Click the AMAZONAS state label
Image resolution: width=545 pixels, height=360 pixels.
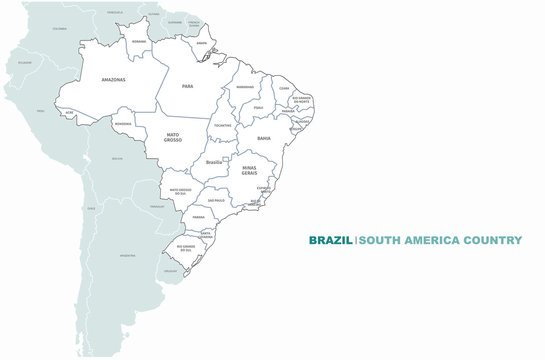click(x=114, y=78)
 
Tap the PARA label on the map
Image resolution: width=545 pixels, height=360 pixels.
click(x=187, y=86)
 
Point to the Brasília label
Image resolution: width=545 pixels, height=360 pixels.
click(x=213, y=162)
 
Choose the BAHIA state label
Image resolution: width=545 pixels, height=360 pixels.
click(x=264, y=138)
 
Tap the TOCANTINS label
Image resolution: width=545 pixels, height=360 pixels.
click(x=224, y=125)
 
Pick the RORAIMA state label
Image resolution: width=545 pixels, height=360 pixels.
click(x=139, y=41)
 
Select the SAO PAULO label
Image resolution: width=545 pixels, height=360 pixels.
click(x=216, y=200)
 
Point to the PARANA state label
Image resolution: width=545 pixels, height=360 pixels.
click(x=199, y=216)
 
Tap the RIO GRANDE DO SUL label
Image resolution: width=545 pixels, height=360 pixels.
click(x=185, y=247)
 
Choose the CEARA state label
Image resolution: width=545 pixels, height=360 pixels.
click(x=285, y=88)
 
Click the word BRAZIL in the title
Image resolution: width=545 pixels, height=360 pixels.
click(x=330, y=240)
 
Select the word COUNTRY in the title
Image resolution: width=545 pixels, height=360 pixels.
click(x=492, y=240)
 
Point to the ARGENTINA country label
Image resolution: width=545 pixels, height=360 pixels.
click(x=127, y=256)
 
